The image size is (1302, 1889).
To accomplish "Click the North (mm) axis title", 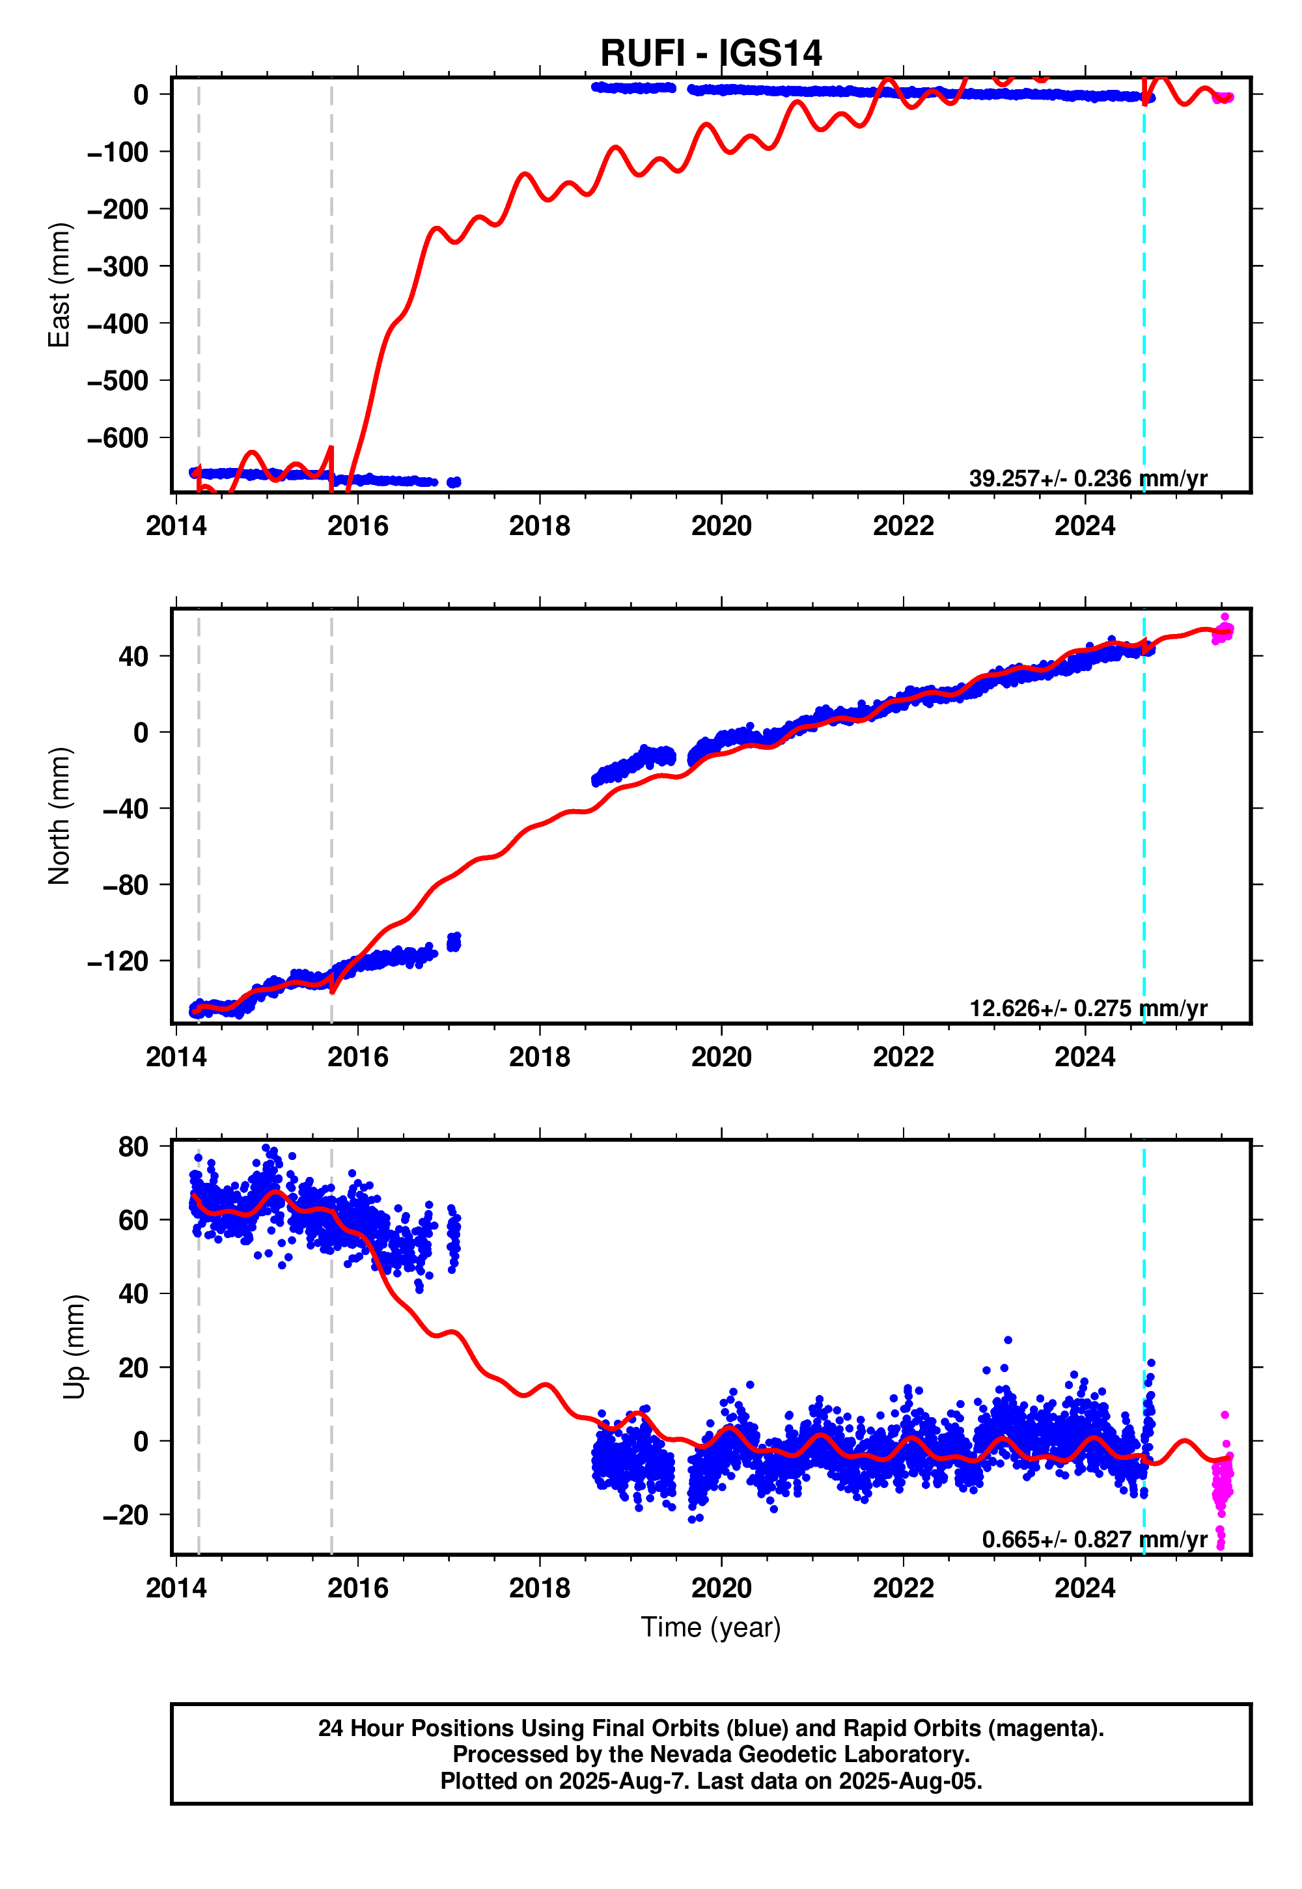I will [59, 816].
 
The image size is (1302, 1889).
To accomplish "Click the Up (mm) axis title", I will [74, 1347].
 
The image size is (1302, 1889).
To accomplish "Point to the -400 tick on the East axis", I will [118, 324].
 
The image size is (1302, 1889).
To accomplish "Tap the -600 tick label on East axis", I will [118, 438].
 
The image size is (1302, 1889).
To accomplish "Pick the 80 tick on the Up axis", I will [133, 1147].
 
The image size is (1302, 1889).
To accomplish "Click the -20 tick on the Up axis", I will [126, 1515].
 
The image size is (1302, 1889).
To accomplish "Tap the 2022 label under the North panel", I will [903, 1057].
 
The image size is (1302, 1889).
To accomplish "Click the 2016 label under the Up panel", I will [357, 1588].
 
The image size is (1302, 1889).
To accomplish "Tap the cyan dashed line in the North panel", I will [1144, 816].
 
